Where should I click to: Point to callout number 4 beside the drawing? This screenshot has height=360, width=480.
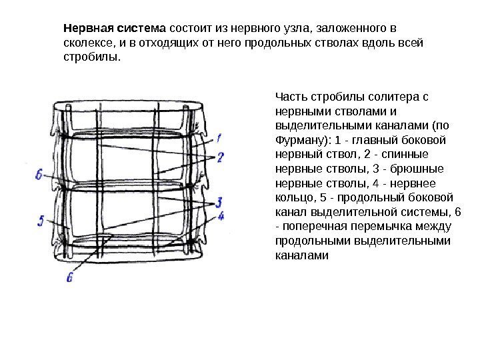(222, 216)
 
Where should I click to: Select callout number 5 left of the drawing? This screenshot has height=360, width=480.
(41, 221)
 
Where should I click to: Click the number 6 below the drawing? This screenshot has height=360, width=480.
(69, 277)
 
